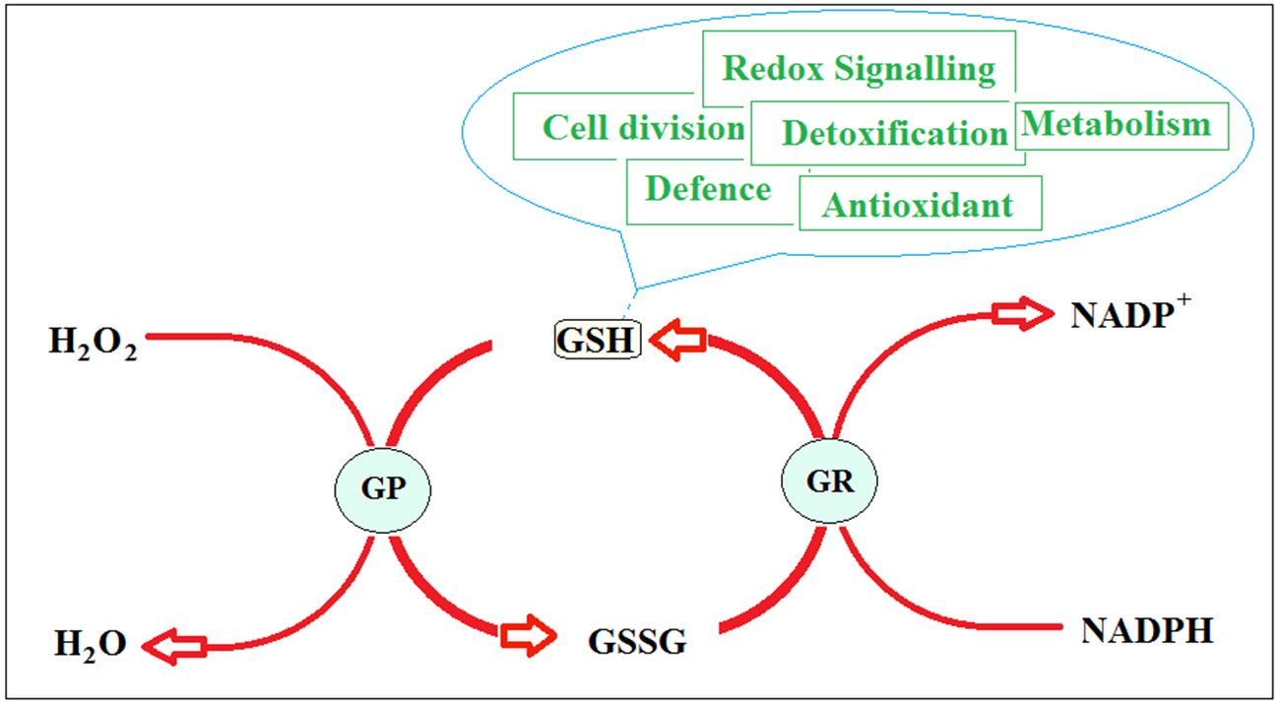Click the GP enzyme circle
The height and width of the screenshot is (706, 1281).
[x=383, y=490]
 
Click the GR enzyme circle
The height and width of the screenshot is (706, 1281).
[x=829, y=481]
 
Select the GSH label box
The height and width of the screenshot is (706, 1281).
[x=598, y=340]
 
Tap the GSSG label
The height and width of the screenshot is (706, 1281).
[x=637, y=641]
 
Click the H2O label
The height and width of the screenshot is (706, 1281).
[x=91, y=645]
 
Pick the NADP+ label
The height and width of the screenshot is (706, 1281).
[x=1130, y=312]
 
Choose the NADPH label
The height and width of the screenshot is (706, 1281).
[x=1147, y=630]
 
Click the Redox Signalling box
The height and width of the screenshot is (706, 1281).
[x=859, y=69]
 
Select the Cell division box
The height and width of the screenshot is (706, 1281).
[x=632, y=126]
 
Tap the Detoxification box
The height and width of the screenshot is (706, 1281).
[x=887, y=133]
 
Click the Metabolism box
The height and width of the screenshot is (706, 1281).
[x=1121, y=126]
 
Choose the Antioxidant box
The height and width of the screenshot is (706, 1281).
[x=921, y=203]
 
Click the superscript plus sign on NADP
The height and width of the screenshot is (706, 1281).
[x=1185, y=299]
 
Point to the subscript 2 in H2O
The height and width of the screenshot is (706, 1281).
[x=90, y=655]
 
